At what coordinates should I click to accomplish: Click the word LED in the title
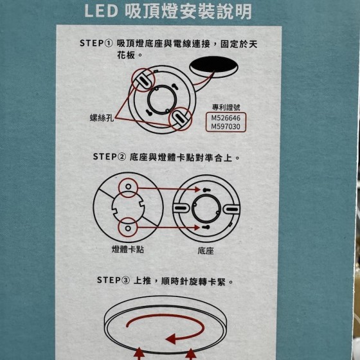pos(102,11)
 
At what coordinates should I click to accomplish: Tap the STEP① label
pos(96,43)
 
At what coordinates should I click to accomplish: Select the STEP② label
pos(109,157)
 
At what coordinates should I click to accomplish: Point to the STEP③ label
pos(113,280)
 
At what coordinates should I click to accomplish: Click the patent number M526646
pos(226,118)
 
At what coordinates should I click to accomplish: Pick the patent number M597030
pos(226,127)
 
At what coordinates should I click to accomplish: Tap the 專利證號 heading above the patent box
pos(226,107)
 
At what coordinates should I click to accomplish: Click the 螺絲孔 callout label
pos(102,118)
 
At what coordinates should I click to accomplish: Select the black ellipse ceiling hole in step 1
pos(213,67)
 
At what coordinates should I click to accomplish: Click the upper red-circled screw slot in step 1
pos(143,80)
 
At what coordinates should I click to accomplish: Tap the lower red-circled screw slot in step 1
pos(180,119)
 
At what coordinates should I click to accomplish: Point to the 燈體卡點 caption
pos(128,249)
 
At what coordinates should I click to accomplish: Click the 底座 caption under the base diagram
pos(206,251)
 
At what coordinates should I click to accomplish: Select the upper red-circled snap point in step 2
pos(128,188)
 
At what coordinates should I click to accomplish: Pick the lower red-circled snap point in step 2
pos(128,228)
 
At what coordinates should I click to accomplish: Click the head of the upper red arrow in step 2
pos(197,189)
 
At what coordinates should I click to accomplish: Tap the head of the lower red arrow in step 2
pos(197,228)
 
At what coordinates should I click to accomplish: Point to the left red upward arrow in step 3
pos(139,354)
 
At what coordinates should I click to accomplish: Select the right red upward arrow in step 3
pos(190,354)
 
